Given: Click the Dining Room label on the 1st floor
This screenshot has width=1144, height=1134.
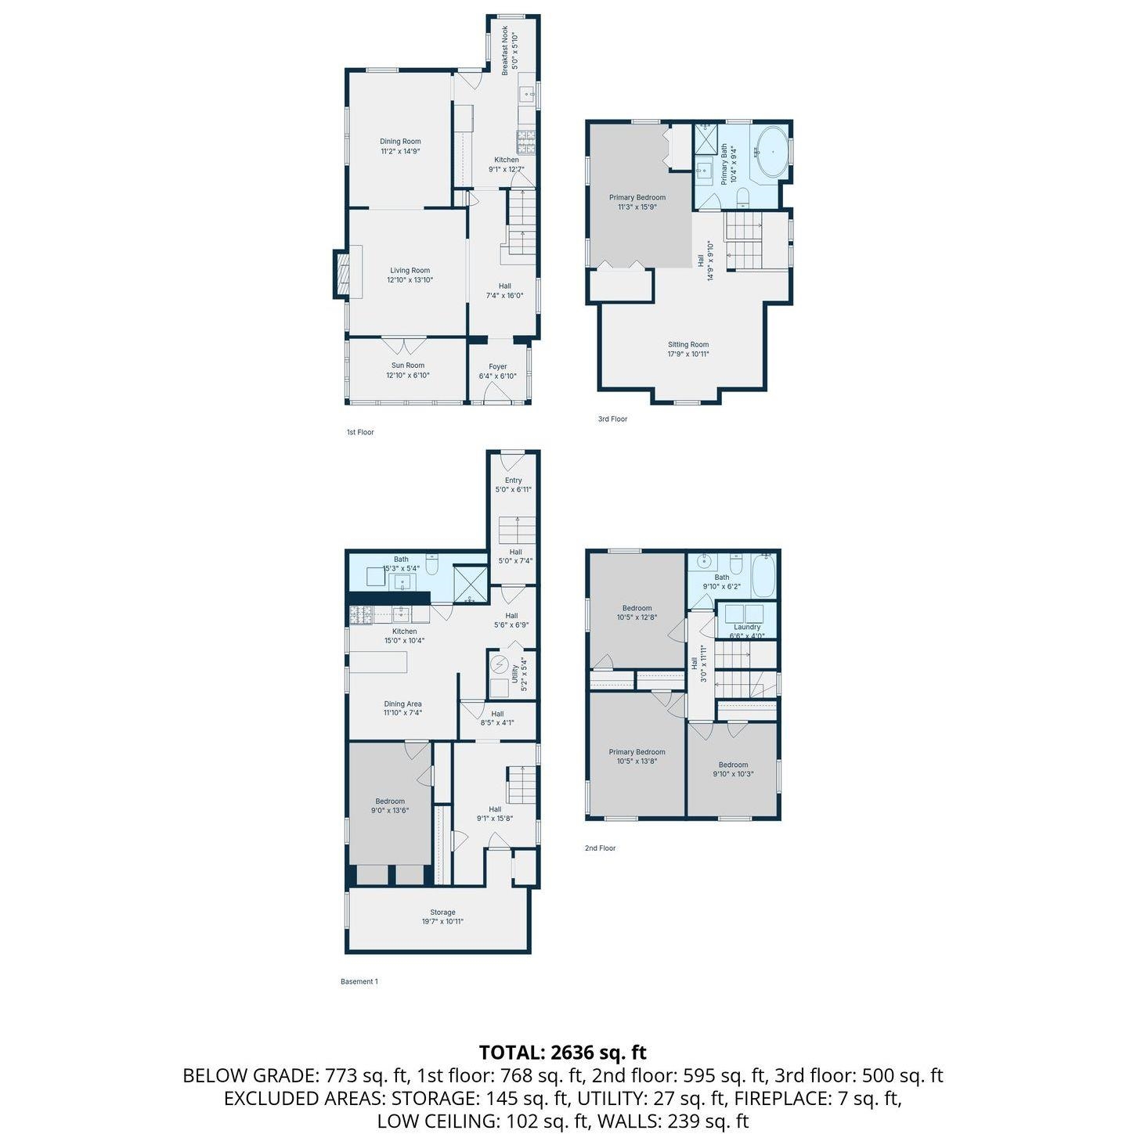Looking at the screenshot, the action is point(400,141).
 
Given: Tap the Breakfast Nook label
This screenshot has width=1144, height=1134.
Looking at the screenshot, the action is point(504,50).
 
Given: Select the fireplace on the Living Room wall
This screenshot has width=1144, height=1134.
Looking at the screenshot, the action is point(342,274).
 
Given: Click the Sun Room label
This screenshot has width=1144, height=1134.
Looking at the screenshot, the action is point(408,365).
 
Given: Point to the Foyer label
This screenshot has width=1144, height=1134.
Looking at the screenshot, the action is point(498,367).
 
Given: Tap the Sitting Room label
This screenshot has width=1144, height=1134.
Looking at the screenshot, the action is point(688,344).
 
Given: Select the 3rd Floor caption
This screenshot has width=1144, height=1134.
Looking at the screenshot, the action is point(612,419).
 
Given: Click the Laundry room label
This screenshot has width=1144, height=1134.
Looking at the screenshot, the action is point(747,627).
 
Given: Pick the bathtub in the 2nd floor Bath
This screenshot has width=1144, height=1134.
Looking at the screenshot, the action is point(764,575).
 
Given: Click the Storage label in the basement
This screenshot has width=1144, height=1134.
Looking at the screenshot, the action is point(443,913).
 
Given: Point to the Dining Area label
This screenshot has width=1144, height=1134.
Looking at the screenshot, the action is point(402,704).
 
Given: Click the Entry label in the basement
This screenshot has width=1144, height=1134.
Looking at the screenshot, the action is point(514,481).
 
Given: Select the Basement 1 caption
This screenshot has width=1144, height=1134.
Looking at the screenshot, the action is point(359,981).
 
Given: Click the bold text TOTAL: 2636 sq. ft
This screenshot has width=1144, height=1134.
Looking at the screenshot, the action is point(562,1052).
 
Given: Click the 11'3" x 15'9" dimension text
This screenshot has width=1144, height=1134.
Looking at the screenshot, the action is point(637,207).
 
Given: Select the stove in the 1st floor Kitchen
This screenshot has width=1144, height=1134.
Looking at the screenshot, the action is point(525,142).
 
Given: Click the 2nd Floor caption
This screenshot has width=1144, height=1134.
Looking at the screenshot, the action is point(600,848).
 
